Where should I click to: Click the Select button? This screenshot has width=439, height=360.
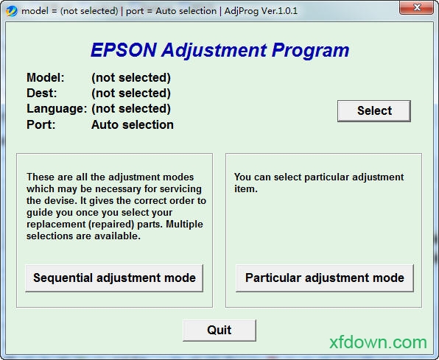tap(374, 111)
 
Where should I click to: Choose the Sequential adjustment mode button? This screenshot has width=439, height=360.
tap(114, 278)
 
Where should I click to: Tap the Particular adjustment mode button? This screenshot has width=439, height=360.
tap(325, 278)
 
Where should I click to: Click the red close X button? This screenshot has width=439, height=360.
tap(417, 7)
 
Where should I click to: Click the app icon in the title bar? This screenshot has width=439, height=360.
tap(12, 11)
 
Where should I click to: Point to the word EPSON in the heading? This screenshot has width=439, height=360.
tap(124, 50)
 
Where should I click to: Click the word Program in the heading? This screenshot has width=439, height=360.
tap(310, 51)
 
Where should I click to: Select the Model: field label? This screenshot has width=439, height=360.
tap(46, 77)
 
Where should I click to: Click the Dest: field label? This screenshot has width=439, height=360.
tap(42, 93)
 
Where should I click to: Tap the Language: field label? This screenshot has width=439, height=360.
tap(57, 109)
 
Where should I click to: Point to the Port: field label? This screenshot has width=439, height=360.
tap(41, 124)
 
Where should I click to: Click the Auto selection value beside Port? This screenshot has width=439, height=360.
tap(133, 124)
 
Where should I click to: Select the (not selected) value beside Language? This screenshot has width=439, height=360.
tap(131, 109)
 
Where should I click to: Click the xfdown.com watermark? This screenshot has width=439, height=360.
tap(378, 342)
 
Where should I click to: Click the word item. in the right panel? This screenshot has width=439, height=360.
tap(246, 189)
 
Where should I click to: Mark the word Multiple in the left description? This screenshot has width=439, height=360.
tap(184, 225)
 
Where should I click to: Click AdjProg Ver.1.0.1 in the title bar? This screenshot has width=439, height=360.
tap(261, 11)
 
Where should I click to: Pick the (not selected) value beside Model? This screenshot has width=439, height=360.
tap(131, 78)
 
